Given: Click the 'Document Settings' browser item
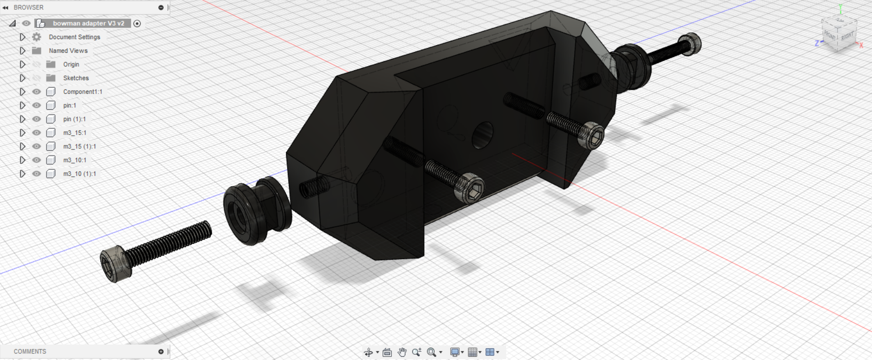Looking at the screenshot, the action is point(74,37).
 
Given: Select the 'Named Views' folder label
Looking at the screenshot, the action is point(68,51).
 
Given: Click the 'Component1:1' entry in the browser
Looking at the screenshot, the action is point(82,92).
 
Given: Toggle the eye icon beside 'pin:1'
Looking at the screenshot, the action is point(36,105).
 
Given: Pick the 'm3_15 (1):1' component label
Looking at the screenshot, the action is point(79,146).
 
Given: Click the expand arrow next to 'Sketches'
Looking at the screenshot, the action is point(22,78).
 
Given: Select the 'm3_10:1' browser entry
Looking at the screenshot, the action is point(75,160).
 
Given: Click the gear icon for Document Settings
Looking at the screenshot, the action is point(36,37).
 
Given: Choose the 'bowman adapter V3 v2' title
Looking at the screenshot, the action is point(88,23).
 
